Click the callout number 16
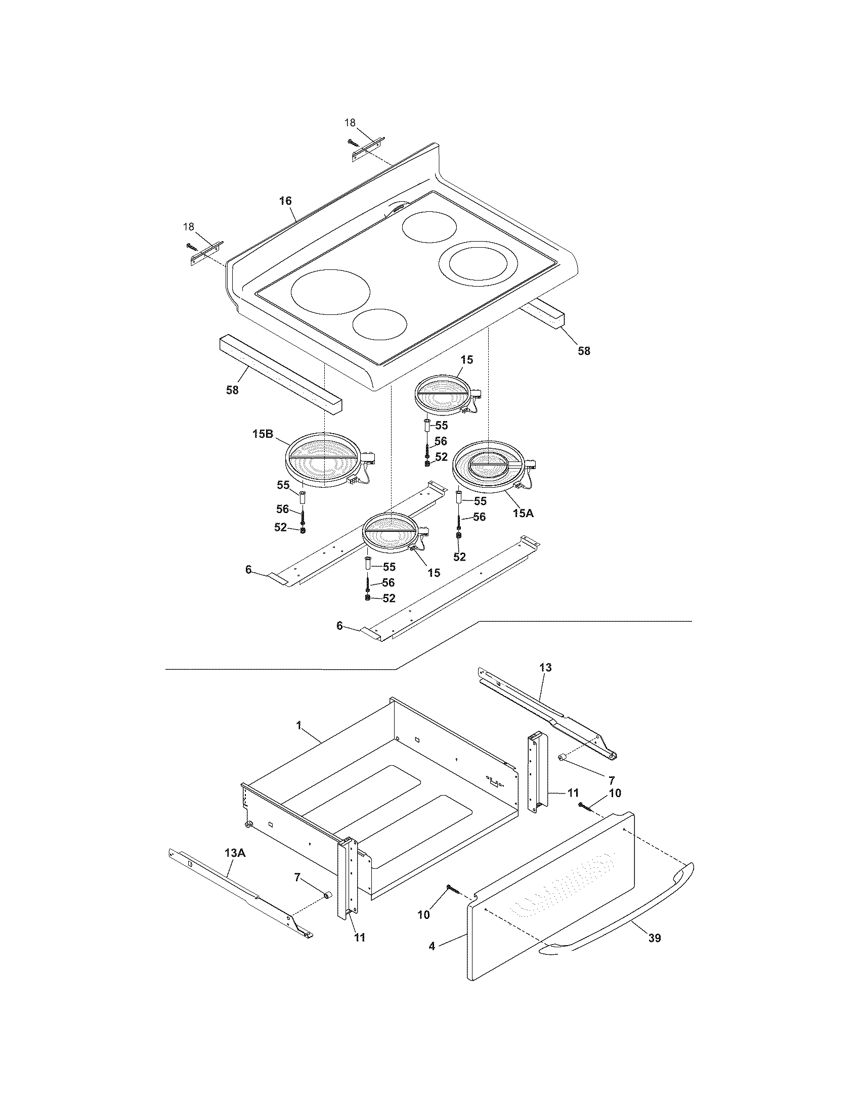pos(285,201)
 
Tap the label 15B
pos(263,434)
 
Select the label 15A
pos(523,513)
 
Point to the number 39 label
pos(655,937)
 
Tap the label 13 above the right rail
pos(545,667)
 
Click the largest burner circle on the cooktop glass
pos(330,292)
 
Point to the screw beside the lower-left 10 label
pos(453,889)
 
